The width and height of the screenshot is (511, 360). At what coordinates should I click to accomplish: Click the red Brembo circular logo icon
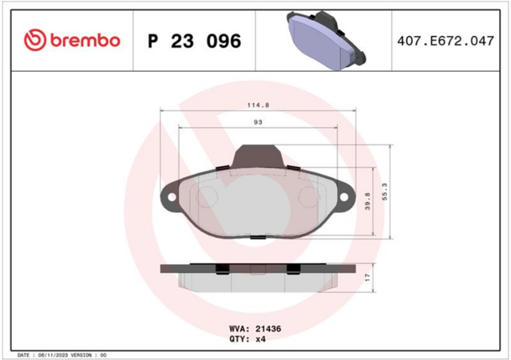point(35,40)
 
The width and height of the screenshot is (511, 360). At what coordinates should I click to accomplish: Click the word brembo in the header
point(85,41)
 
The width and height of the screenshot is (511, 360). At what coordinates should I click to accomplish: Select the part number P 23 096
point(195,41)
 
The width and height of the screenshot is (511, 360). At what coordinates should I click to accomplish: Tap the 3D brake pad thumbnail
point(326,40)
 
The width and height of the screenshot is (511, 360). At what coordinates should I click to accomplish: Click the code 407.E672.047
point(446,41)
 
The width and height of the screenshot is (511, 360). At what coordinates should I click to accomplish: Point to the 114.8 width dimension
point(258,105)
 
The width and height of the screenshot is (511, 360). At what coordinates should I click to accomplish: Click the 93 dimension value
point(258,122)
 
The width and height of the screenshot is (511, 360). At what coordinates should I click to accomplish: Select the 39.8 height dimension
point(367,201)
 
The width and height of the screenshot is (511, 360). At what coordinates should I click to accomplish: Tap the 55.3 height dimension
point(385,192)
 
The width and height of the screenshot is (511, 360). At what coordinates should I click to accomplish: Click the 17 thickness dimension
point(367,278)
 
